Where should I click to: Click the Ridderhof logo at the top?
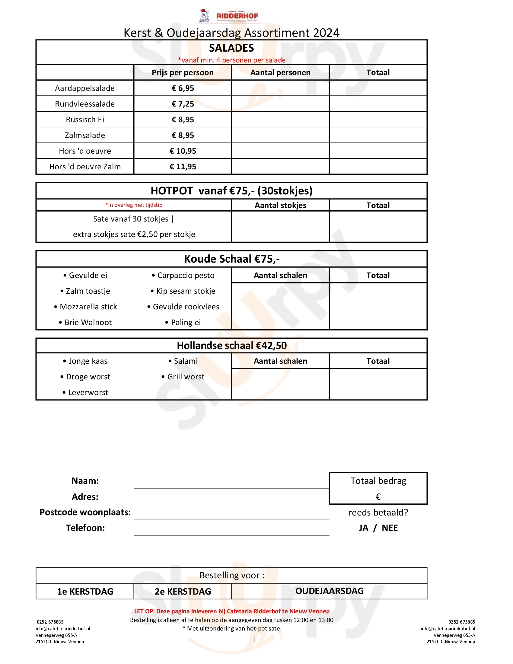click(230, 16)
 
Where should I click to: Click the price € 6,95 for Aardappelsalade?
click(183, 88)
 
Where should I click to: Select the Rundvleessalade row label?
click(85, 104)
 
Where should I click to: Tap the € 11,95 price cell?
click(183, 167)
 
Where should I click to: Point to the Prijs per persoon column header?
click(183, 73)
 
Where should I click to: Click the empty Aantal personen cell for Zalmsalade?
click(280, 135)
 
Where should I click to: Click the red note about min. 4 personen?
click(231, 60)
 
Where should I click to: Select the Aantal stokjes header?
click(280, 205)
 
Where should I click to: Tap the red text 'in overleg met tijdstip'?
click(134, 205)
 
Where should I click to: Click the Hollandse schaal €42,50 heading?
click(231, 346)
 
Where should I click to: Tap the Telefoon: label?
click(85, 528)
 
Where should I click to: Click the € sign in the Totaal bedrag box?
click(378, 497)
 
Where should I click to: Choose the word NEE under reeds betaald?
click(390, 528)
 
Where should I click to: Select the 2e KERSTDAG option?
click(183, 591)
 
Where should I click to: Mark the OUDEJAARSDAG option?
click(330, 591)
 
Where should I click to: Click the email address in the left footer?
click(62, 629)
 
